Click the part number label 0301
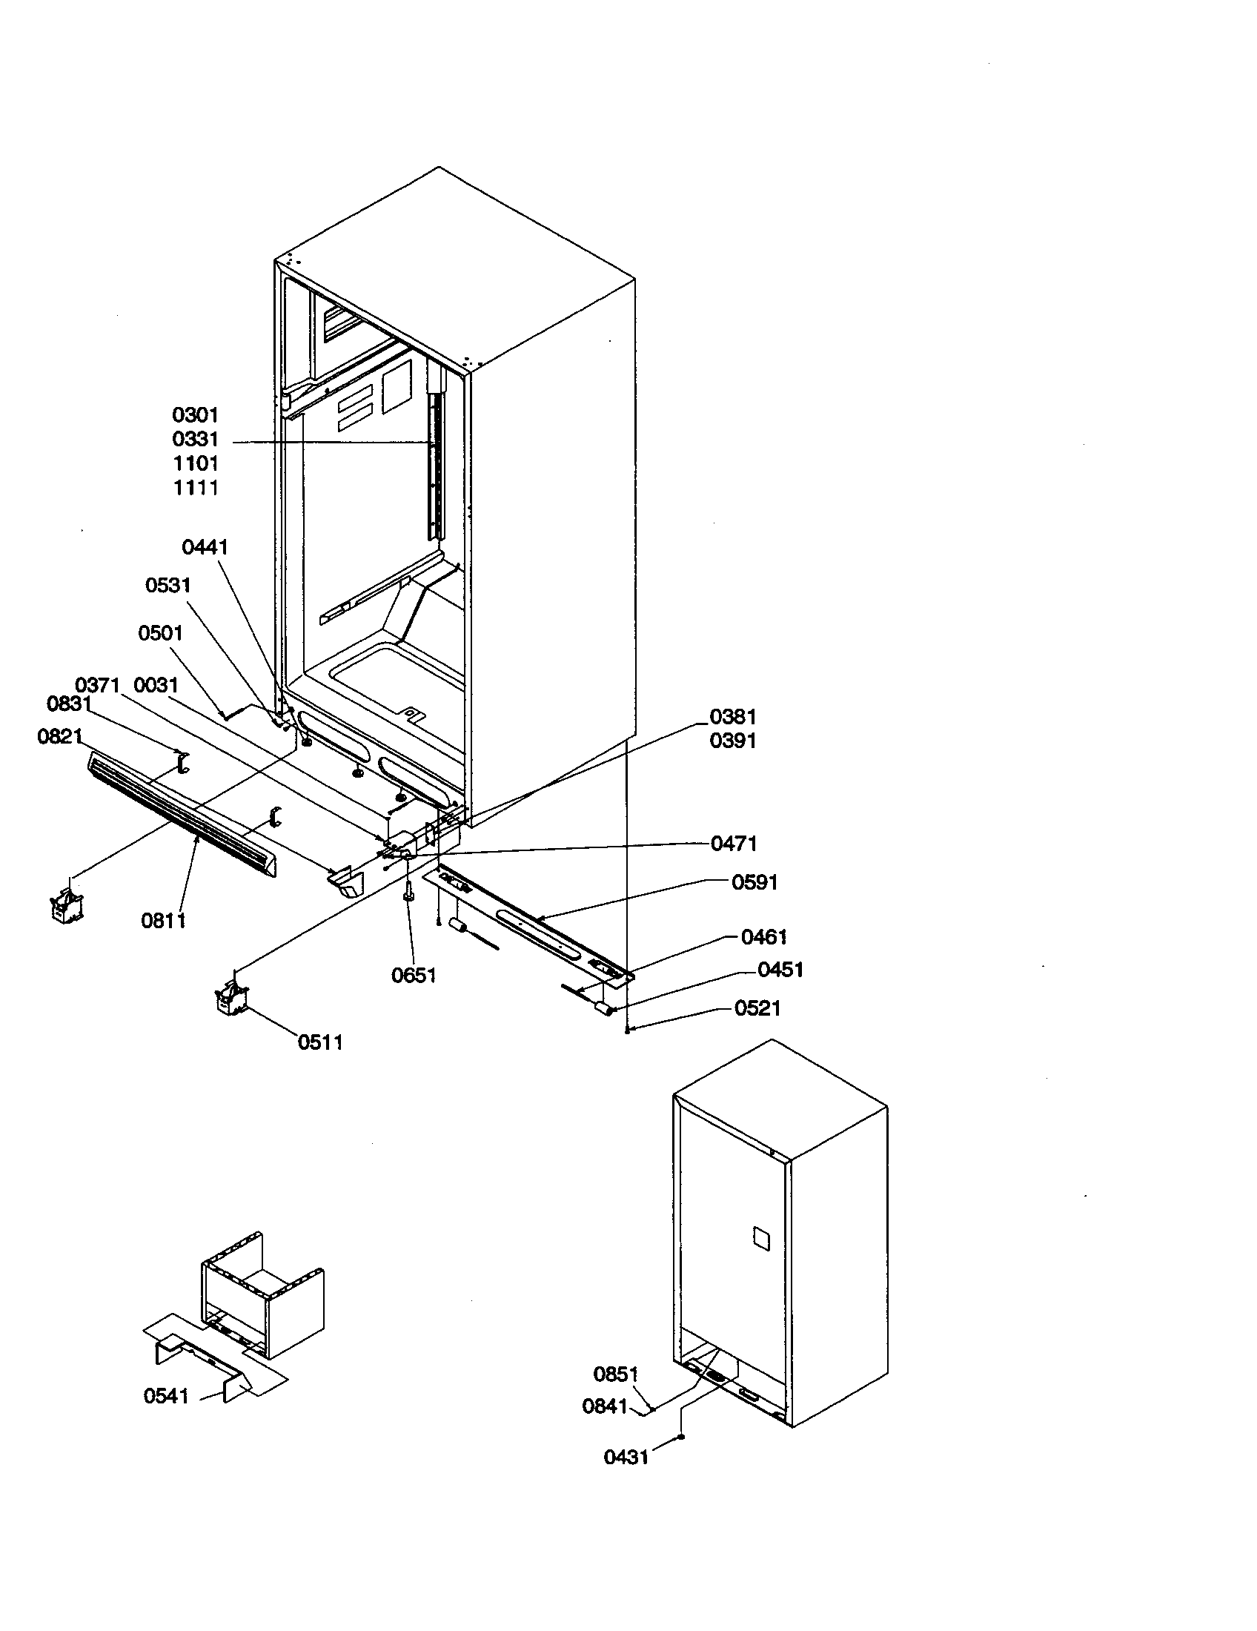click(195, 414)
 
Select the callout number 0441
click(205, 547)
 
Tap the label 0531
click(168, 586)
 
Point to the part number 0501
click(160, 633)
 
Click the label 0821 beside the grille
click(59, 737)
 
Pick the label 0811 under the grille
click(163, 921)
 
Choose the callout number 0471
click(733, 844)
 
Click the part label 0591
click(754, 883)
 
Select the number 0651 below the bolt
click(414, 976)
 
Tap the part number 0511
click(320, 1042)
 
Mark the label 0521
click(757, 1008)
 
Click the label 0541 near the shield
click(166, 1396)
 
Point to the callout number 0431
click(626, 1457)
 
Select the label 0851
click(615, 1373)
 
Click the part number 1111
click(196, 488)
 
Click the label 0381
click(732, 717)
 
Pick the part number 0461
click(763, 937)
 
